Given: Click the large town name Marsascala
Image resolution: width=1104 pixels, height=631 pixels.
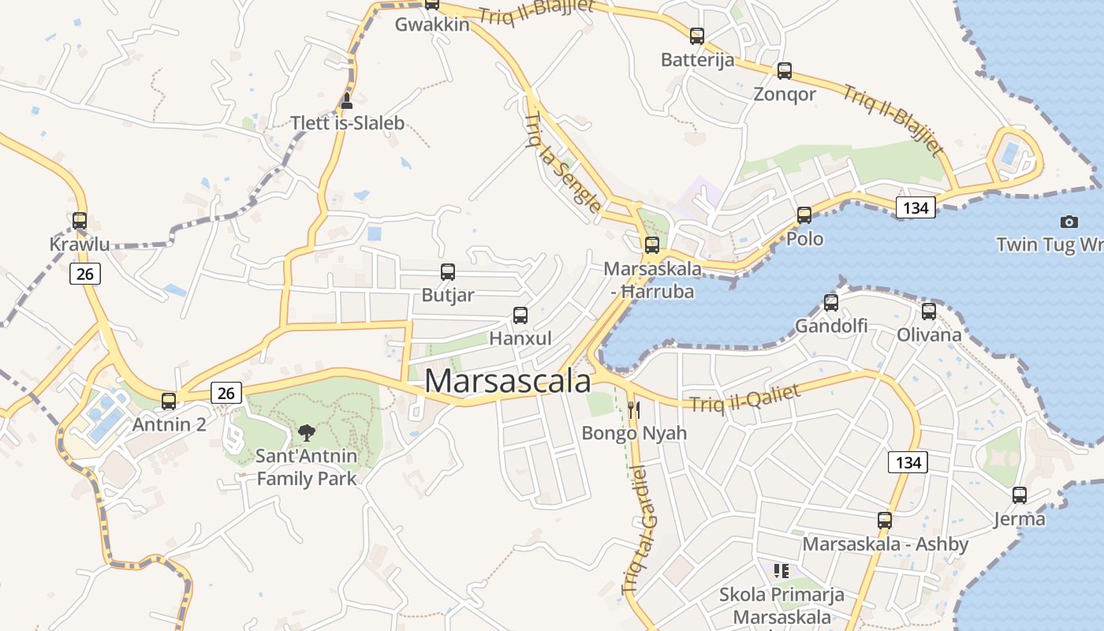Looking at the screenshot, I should pos(507,381).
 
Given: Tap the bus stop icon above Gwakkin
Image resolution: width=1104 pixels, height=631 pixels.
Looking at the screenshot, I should pos(431,4).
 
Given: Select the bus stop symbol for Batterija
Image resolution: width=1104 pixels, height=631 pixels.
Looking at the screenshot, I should pos(696,35).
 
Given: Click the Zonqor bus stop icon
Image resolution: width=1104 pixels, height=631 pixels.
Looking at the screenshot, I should pos(784,70).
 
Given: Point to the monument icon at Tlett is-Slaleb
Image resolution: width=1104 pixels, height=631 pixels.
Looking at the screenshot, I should pos(345,100).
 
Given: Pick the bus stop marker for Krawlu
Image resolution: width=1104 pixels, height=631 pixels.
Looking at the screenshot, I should pos(80,220).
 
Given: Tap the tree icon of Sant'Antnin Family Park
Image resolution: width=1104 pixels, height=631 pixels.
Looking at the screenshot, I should pos(306,432).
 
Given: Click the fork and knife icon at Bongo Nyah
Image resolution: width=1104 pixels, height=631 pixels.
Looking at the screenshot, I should pos(633,409).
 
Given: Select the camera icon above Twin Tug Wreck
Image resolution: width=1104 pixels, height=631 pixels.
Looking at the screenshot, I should pos(1069,222).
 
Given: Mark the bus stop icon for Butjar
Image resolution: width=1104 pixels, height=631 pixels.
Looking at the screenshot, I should pos(447,272).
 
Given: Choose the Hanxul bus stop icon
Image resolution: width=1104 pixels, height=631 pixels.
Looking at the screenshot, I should pos(520,315).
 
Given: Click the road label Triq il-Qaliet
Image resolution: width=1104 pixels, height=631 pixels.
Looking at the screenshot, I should pos(744,398).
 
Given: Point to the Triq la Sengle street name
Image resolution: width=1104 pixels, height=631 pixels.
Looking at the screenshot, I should pos(562,162).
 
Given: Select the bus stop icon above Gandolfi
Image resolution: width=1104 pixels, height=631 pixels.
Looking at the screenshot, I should pos(830,302).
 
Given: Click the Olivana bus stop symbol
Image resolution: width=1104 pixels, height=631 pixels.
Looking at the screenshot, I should pos(928,311).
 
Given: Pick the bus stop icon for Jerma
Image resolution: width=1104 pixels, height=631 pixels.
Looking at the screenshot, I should pos(1019,495).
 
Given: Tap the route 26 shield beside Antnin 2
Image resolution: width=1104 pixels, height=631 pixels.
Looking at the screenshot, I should pos(226,392).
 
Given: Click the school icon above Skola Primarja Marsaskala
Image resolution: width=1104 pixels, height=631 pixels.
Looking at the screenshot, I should pos(781,570).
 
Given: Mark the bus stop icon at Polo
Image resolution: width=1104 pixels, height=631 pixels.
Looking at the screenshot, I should pos(804,215).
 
